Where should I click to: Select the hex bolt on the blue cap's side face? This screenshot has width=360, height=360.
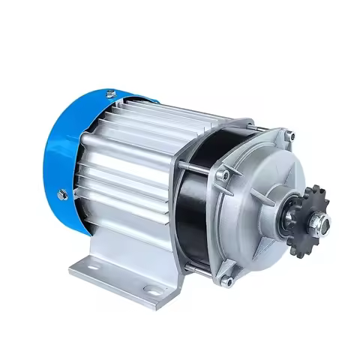click(x=64, y=193)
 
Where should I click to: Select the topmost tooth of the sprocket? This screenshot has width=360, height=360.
click(x=311, y=187)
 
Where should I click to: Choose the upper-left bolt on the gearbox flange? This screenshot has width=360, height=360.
click(x=222, y=175)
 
